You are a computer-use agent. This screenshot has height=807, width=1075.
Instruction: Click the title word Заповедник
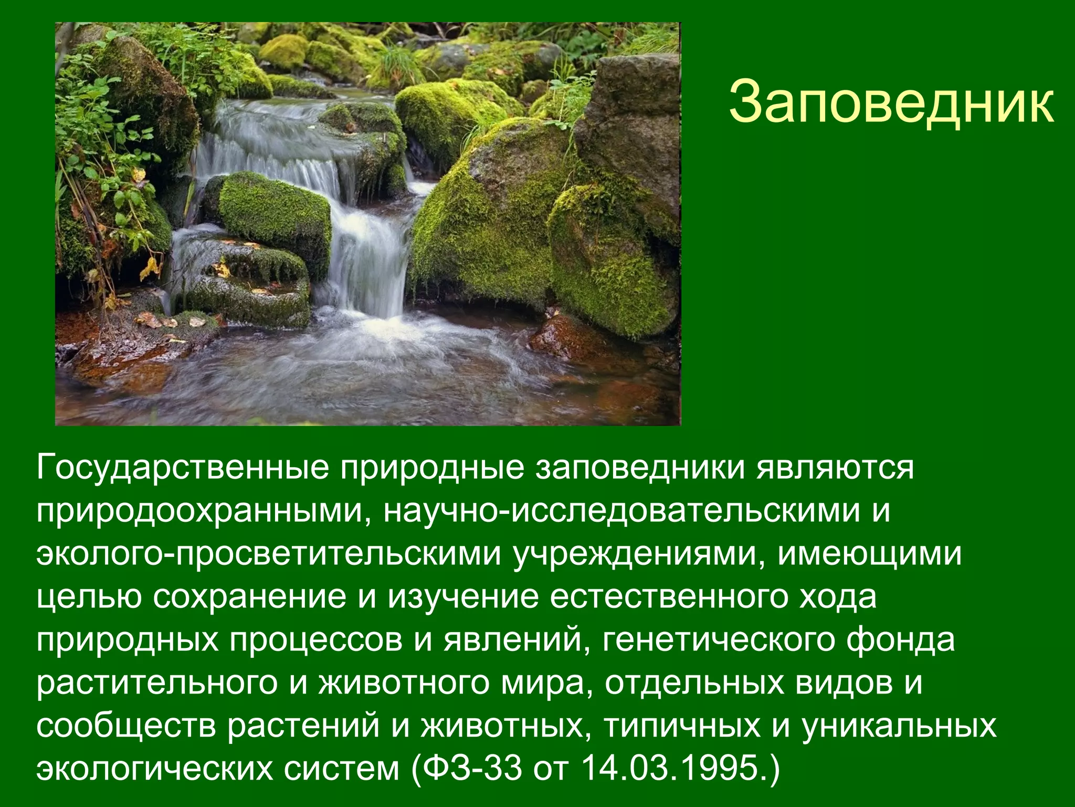[891, 102]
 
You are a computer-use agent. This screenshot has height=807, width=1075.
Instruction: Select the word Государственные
[182, 467]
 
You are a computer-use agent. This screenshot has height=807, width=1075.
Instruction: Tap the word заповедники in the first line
[640, 467]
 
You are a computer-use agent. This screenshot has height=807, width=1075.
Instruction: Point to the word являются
[835, 467]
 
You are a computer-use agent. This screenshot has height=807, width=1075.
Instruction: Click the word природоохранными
[202, 510]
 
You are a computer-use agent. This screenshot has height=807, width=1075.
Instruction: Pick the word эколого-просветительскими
[268, 553]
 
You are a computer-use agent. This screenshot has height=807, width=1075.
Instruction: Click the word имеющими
[869, 553]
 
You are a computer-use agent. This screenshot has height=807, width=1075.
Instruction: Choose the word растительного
[156, 682]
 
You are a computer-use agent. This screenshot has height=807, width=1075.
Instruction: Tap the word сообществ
[126, 726]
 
